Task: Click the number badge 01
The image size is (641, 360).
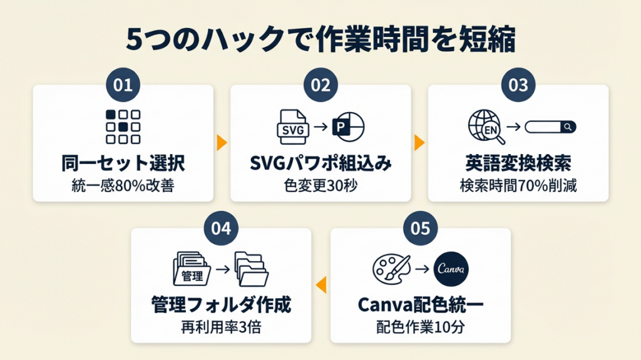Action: (123, 85)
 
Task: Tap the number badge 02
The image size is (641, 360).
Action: (320, 85)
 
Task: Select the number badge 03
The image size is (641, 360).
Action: (518, 85)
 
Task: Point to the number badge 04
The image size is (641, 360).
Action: (221, 228)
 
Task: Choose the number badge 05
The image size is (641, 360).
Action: (420, 228)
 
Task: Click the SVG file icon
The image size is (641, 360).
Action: (293, 127)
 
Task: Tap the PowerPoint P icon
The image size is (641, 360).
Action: (347, 127)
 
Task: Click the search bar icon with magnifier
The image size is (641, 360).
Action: (550, 127)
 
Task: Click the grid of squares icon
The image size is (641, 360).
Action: (123, 127)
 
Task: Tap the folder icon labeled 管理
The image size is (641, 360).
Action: (192, 270)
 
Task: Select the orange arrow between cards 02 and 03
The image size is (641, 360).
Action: (419, 142)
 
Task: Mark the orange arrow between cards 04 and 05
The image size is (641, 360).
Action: (320, 285)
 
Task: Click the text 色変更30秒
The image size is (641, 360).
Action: (320, 186)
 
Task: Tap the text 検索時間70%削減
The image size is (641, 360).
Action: (518, 186)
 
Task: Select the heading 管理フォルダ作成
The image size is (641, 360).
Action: (221, 306)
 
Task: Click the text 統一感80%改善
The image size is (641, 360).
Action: (123, 186)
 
